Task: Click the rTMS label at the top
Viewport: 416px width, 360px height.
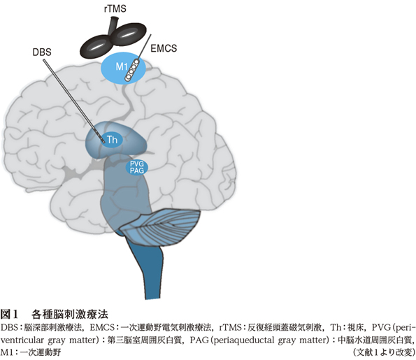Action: (115, 9)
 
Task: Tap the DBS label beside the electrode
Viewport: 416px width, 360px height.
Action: (42, 52)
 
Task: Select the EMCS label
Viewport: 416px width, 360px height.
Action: (164, 48)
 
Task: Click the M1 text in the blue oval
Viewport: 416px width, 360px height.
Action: (122, 66)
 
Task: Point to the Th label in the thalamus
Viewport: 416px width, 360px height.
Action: (112, 140)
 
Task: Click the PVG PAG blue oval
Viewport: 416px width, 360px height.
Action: (136, 168)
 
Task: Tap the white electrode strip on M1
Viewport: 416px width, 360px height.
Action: (132, 70)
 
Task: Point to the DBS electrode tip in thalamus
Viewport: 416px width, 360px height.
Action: (103, 141)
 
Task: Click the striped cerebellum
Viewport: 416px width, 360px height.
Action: (161, 226)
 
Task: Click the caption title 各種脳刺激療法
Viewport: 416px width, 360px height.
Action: (70, 315)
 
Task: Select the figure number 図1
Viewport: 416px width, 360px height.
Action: (9, 315)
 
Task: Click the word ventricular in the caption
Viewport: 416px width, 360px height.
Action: (22, 340)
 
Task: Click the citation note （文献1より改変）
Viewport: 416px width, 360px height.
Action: (384, 352)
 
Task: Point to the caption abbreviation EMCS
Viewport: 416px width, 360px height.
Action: (102, 328)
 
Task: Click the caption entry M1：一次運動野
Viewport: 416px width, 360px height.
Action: (31, 352)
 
